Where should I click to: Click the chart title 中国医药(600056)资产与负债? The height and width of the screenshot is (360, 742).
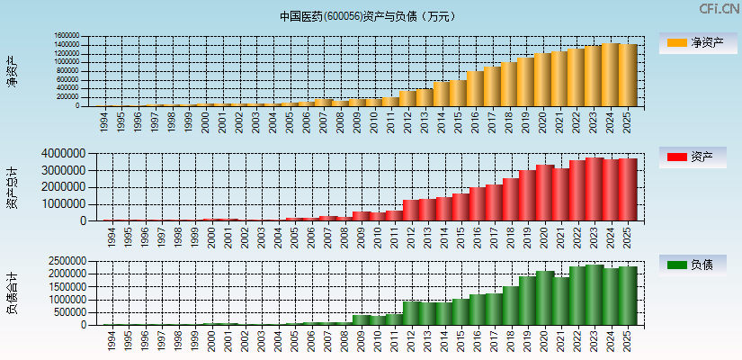pos(368,16)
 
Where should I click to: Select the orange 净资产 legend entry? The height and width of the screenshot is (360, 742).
pos(696,42)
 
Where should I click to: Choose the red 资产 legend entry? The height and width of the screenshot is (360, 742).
pos(696,157)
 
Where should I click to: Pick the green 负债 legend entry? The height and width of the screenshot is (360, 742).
pos(696,265)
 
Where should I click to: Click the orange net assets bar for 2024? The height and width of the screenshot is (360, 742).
pos(611,75)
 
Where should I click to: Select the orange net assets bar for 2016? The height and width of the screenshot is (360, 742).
pos(476,88)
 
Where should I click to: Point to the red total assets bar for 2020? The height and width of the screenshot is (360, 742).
pos(544,193)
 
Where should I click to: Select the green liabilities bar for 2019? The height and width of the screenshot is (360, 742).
pos(527,301)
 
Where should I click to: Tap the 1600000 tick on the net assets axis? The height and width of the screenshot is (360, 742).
pos(67,37)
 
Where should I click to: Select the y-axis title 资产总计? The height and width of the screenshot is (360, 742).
pos(12,187)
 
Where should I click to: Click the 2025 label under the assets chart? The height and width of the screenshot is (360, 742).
pos(628,236)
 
